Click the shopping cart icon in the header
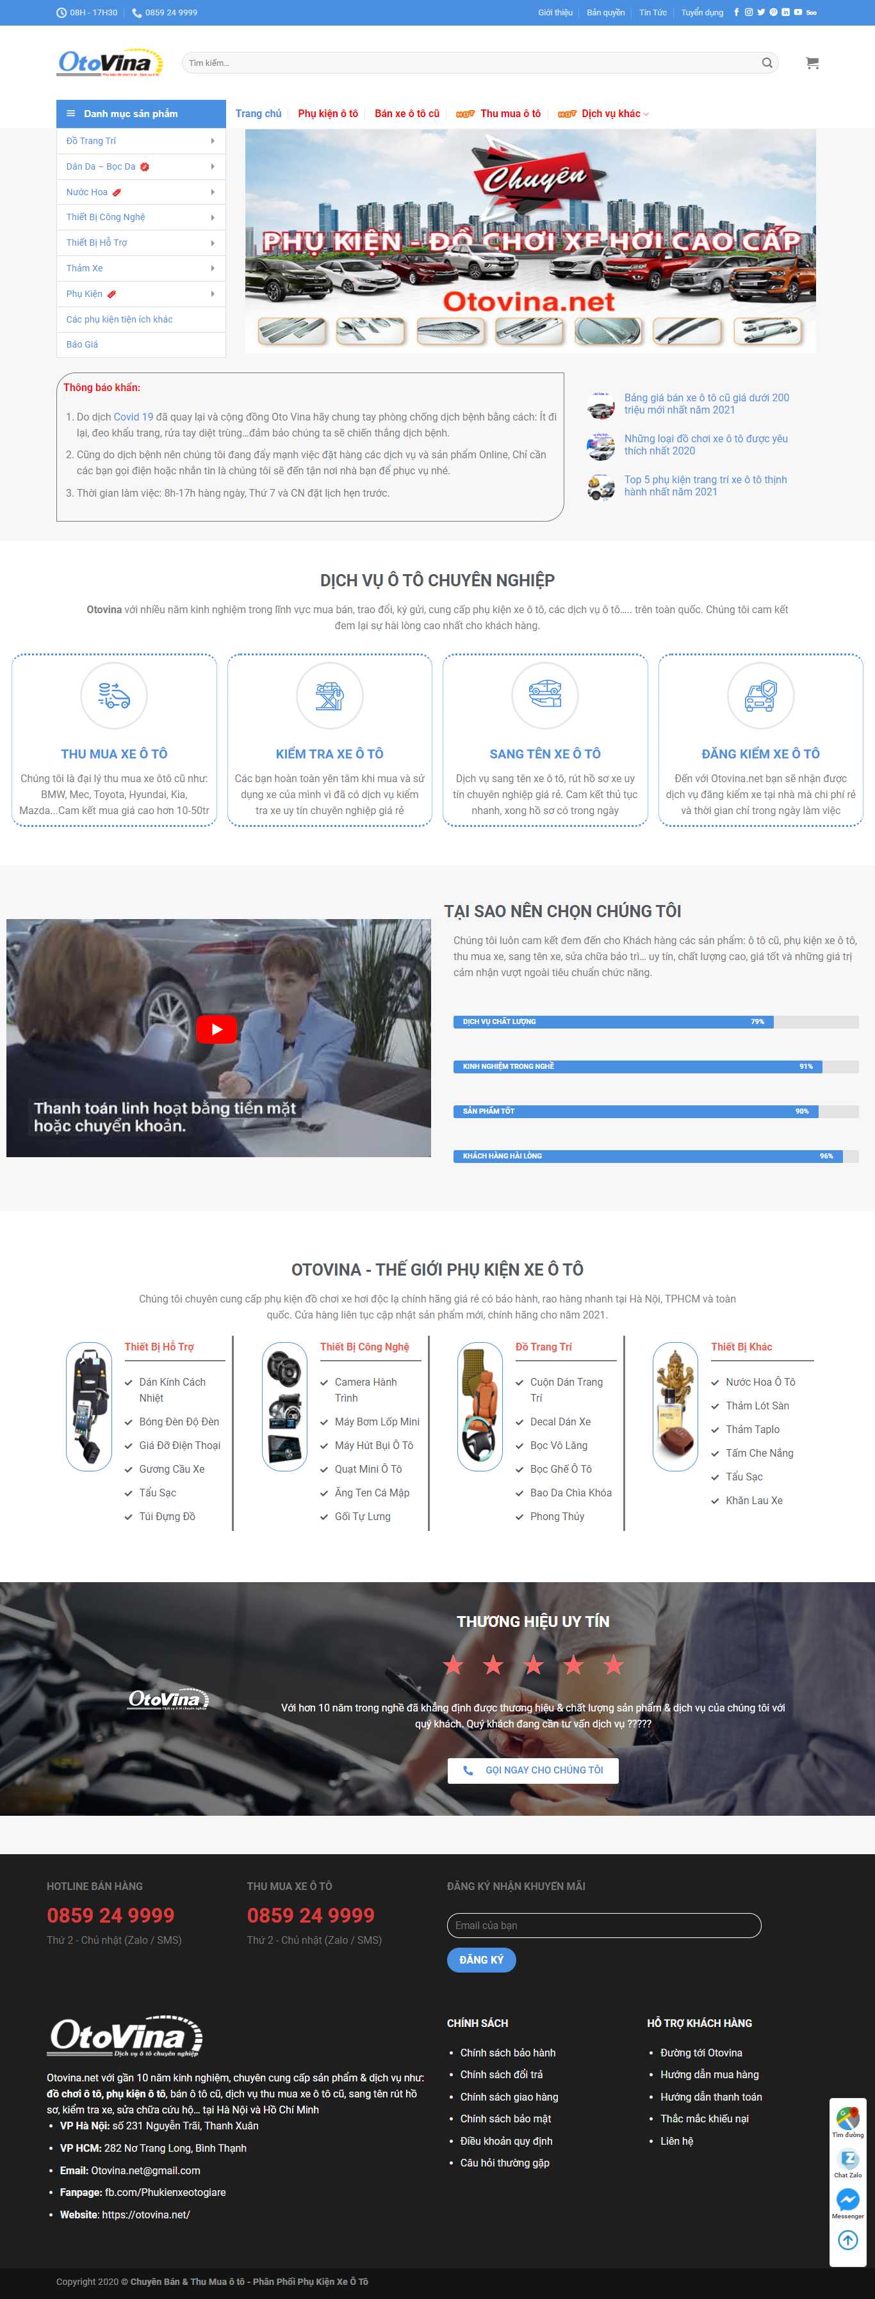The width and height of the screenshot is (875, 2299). (x=812, y=63)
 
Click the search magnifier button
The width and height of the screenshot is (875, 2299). (x=767, y=63)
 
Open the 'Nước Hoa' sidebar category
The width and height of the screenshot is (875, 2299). (x=86, y=192)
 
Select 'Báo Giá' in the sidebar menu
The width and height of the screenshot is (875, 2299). (x=82, y=344)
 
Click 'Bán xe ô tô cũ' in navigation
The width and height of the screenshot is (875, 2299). (x=407, y=113)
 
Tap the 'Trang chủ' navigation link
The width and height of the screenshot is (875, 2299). (x=258, y=113)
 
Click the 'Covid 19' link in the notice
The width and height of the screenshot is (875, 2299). (x=133, y=417)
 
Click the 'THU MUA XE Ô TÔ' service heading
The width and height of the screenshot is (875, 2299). (x=114, y=754)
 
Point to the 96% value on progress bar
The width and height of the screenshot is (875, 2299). (x=826, y=1156)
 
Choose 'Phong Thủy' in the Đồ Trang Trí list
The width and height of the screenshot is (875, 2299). (x=557, y=1516)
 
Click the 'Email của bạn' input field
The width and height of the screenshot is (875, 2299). (x=603, y=1925)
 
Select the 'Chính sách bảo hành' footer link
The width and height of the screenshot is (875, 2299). (x=507, y=2053)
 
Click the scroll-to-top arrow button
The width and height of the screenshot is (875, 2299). (x=847, y=2239)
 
